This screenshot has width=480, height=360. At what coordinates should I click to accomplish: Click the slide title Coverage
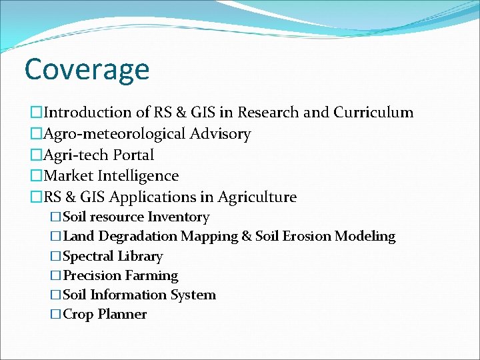pyautogui.click(x=87, y=69)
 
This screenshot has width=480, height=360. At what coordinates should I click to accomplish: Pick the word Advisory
pyautogui.click(x=221, y=134)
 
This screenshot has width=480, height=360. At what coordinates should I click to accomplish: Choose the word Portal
pyautogui.click(x=133, y=155)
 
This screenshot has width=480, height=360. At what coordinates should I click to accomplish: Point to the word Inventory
pyautogui.click(x=178, y=217)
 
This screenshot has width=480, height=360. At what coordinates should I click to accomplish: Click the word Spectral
pyautogui.click(x=88, y=257)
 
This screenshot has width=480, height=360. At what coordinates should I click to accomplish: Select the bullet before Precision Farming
pyautogui.click(x=55, y=276)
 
